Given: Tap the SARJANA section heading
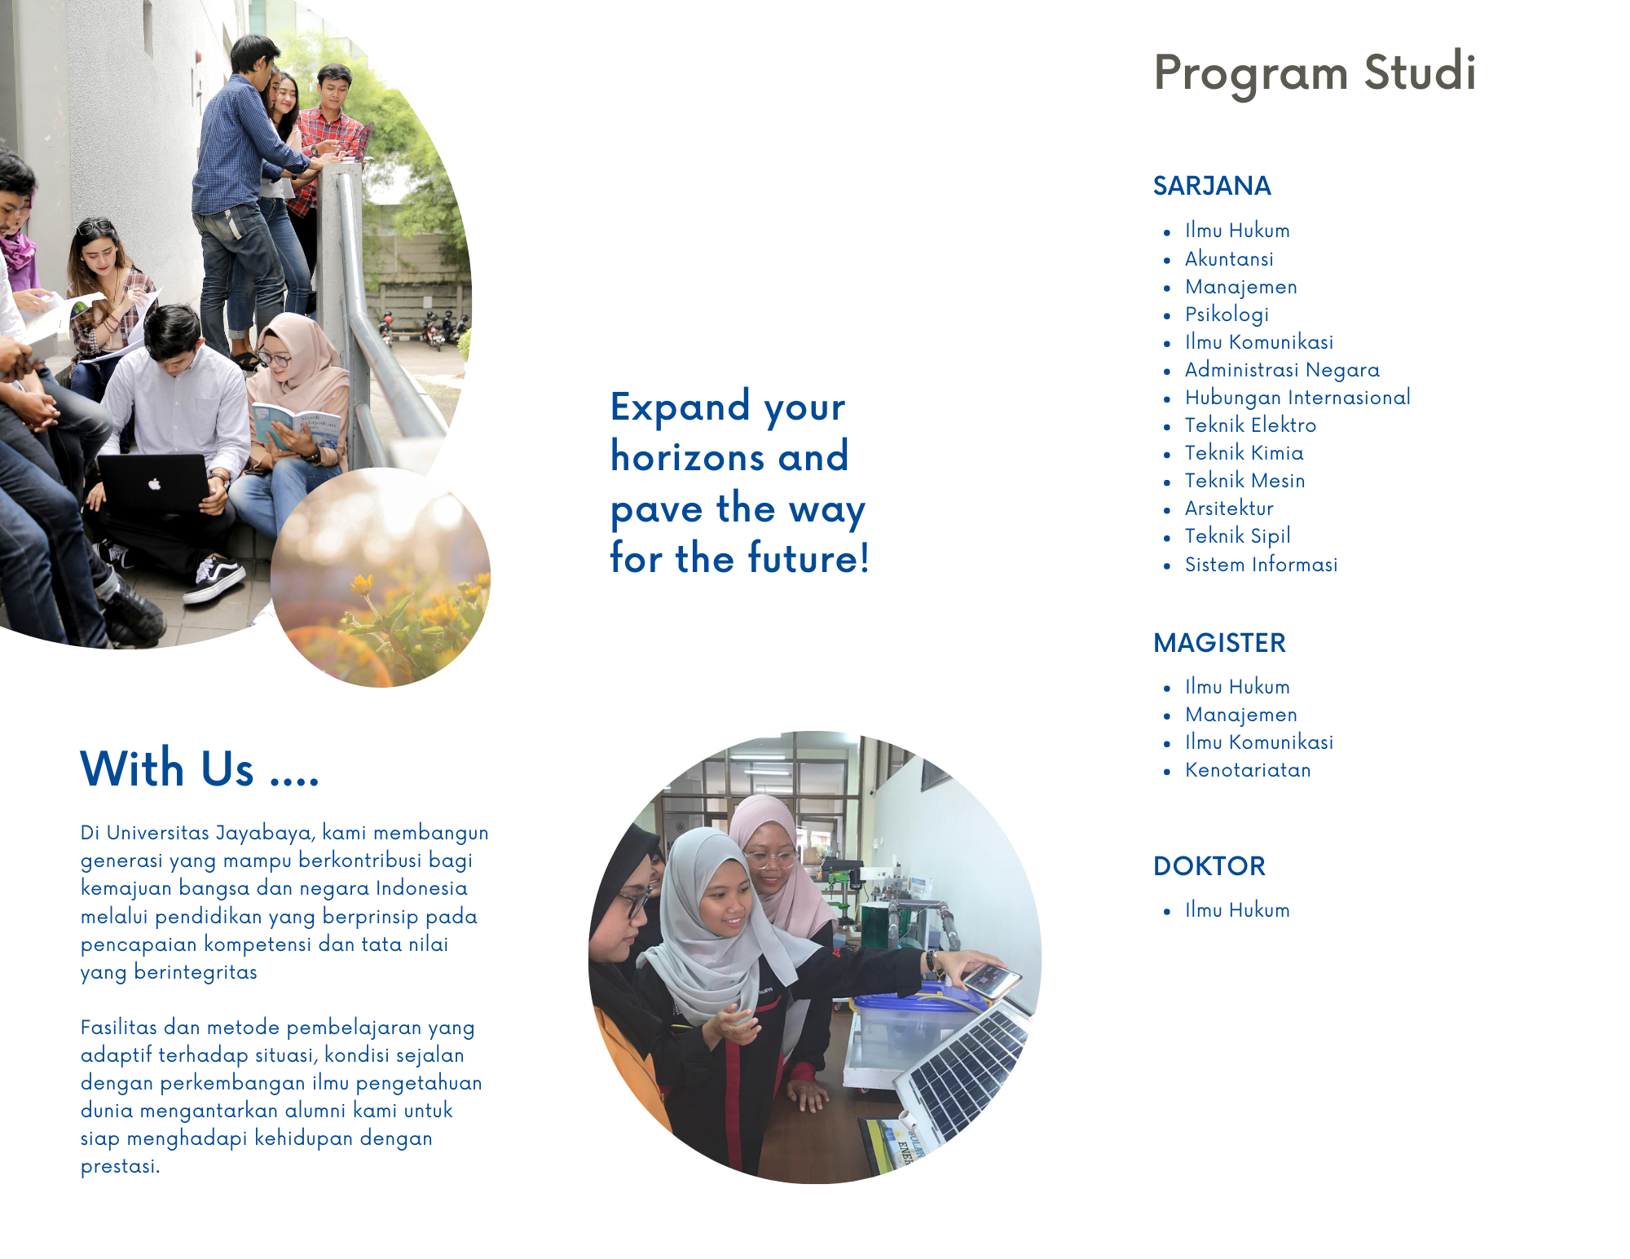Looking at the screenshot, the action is point(1212,186).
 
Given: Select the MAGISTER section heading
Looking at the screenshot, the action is point(1219,643).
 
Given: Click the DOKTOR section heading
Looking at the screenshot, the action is point(1209,865).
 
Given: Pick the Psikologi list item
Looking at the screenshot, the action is point(1227,315).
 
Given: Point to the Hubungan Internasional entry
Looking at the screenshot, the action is point(1297,398).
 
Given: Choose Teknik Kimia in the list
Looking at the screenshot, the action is point(1244,453).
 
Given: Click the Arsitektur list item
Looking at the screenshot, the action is point(1229,508).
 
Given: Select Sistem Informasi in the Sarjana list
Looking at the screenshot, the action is point(1261,564).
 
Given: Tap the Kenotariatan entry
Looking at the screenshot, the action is point(1248,770).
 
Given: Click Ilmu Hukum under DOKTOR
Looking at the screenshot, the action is point(1237,910).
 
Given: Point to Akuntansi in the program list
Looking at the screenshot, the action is point(1229,259).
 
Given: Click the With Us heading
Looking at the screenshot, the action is point(200,768).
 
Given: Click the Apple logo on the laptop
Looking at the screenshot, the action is point(155,484).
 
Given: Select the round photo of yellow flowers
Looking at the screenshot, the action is point(381,578).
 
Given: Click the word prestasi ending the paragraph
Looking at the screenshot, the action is point(120,1167).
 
